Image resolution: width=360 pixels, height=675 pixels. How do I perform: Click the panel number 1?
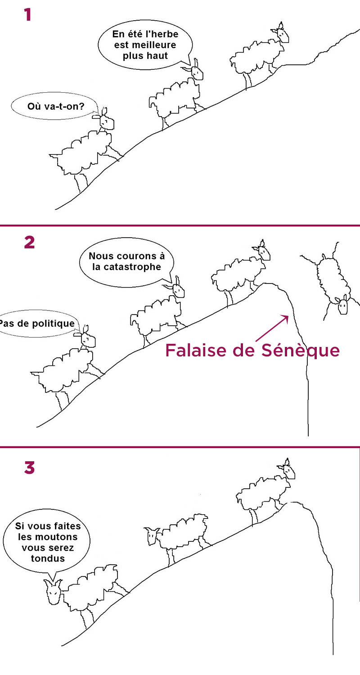pos(28,15)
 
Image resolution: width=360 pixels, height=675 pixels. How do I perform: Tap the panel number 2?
pos(29,242)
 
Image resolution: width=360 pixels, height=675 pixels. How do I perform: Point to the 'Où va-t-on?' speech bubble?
pos(55,106)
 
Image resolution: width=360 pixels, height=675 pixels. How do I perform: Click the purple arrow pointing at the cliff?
pos(272,328)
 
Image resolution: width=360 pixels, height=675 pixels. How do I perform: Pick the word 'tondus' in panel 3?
pos(48,558)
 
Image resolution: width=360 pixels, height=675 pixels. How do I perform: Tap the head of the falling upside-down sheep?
pos(343,305)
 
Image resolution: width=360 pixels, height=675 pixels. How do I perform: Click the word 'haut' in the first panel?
pos(157,56)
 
